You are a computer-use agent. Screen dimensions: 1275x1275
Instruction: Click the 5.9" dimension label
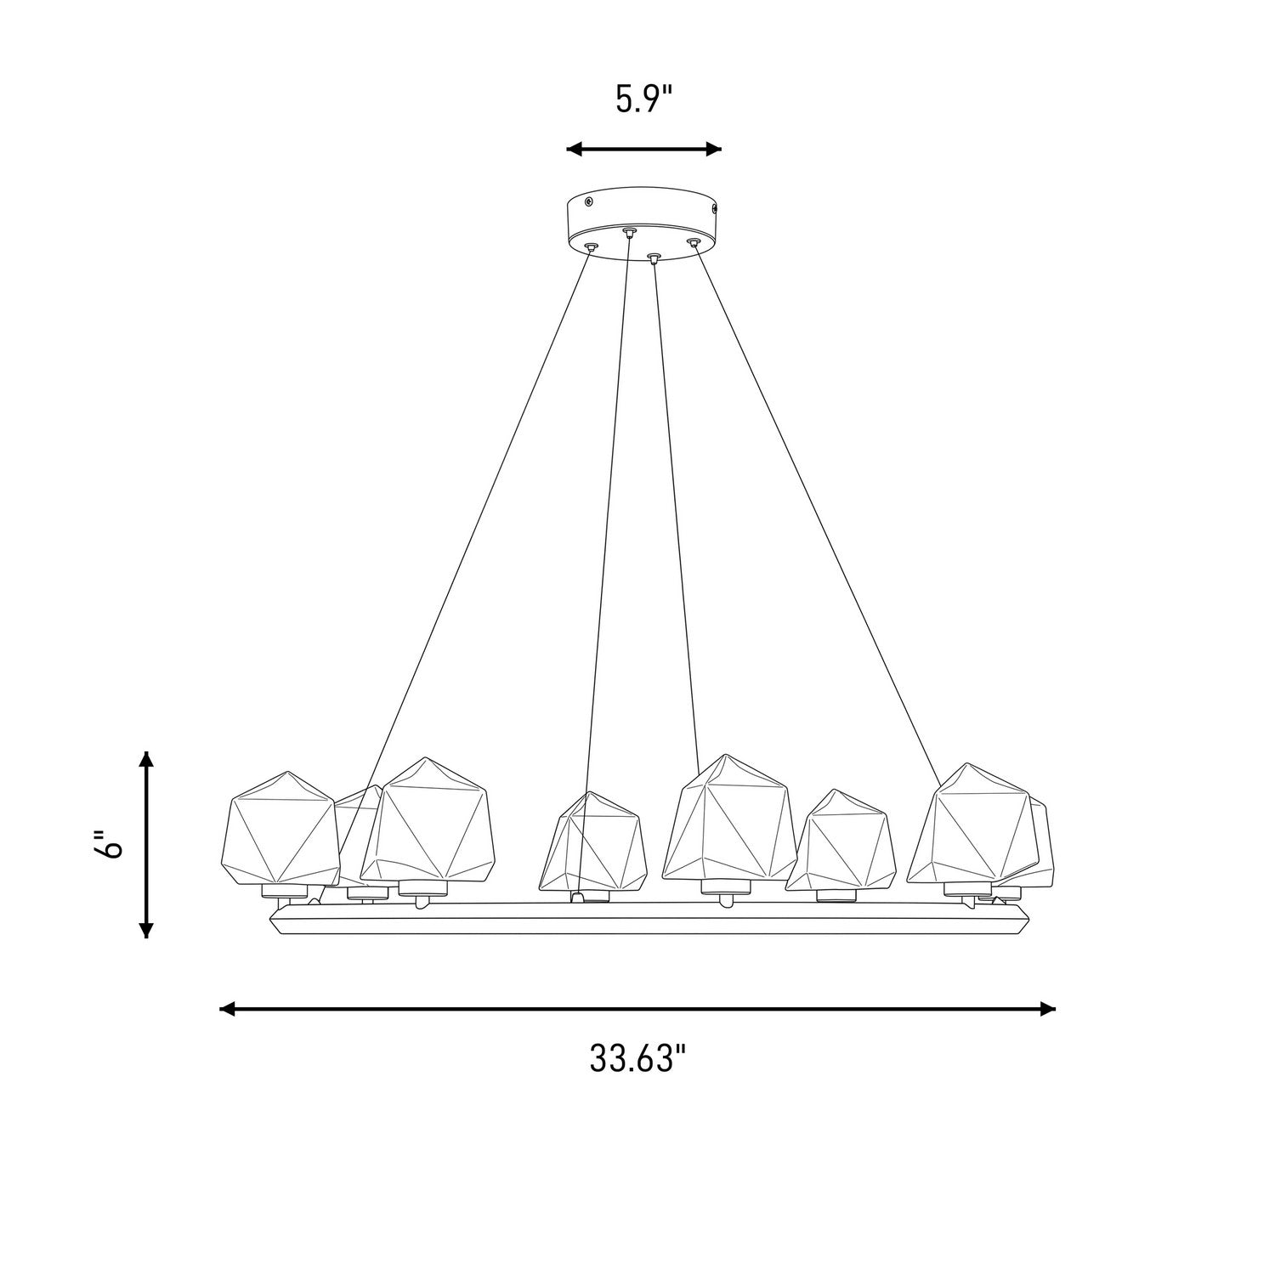pyautogui.click(x=644, y=100)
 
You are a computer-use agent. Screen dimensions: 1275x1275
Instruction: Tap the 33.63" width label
pyautogui.click(x=637, y=1059)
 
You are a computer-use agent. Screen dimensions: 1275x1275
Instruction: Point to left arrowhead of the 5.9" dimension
pyautogui.click(x=575, y=150)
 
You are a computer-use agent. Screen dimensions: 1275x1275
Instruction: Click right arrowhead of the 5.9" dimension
pyautogui.click(x=714, y=150)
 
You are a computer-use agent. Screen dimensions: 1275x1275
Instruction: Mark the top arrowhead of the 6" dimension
pyautogui.click(x=147, y=760)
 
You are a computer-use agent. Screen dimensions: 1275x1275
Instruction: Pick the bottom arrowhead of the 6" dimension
pyautogui.click(x=147, y=929)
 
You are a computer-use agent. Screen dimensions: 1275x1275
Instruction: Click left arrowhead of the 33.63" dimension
pyautogui.click(x=228, y=1009)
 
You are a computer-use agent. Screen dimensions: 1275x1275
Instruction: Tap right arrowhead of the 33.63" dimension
pyautogui.click(x=1047, y=1009)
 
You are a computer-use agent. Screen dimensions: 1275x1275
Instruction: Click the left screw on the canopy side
pyautogui.click(x=589, y=201)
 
